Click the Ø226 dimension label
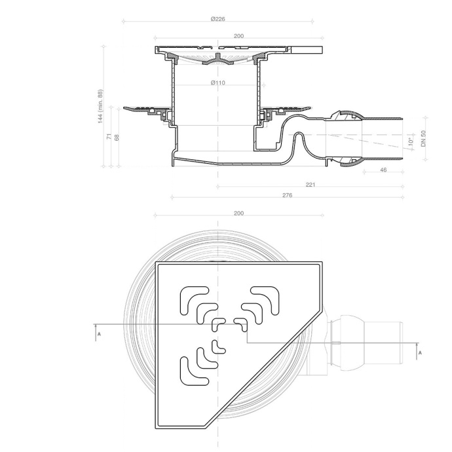218,19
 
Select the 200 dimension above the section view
238,36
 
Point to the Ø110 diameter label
218,83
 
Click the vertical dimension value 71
109,136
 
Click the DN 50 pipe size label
424,138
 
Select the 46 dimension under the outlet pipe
383,170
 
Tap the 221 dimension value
310,185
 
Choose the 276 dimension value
287,195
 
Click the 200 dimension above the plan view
238,214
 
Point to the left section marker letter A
98,334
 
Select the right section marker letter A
420,352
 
